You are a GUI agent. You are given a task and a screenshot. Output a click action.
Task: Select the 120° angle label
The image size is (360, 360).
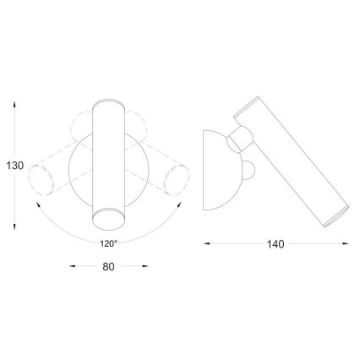pos(107,243)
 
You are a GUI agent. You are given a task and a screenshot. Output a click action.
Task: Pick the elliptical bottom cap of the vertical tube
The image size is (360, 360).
pos(107,220)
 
